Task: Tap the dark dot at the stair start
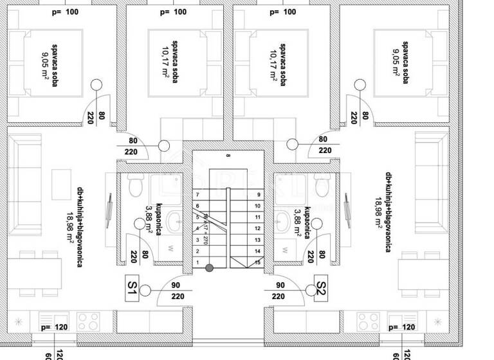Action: click(x=209, y=267)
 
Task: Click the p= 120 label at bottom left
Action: click(x=53, y=328)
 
